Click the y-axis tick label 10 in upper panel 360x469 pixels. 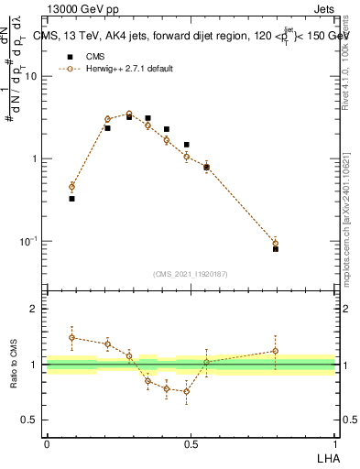31,76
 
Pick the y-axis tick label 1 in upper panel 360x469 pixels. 35,158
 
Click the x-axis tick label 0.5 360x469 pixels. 191,443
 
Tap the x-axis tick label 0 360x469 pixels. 47,443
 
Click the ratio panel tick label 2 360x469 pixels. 35,309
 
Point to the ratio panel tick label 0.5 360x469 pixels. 29,420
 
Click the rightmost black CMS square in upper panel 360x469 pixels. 276,248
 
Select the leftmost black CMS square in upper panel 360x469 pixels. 71,198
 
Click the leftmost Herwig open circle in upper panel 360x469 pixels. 71,187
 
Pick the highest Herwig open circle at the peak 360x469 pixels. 129,114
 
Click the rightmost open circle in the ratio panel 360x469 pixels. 276,351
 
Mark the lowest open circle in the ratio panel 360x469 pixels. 187,391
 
